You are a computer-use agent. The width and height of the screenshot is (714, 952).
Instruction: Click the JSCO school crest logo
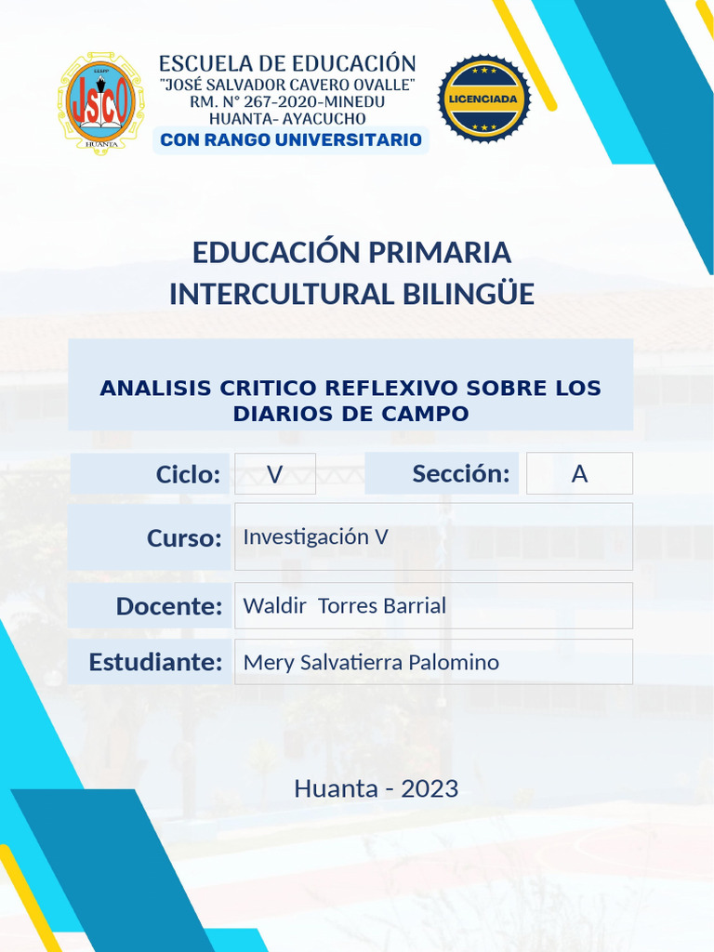coord(101,102)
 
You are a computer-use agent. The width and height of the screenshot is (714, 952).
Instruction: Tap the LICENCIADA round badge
coord(484,99)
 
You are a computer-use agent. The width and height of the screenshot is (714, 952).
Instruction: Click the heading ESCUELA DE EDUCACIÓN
coord(287,64)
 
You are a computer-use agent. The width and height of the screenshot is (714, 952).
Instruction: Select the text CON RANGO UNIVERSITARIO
coord(291,140)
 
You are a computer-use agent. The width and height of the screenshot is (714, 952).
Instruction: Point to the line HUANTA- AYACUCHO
coord(286,119)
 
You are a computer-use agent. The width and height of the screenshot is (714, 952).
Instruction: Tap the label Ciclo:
coord(188,474)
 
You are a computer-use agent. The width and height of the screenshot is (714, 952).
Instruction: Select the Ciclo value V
coord(275,474)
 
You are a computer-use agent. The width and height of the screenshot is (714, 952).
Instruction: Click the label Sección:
coord(461,474)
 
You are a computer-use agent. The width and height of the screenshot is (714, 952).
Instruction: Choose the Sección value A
coord(579,474)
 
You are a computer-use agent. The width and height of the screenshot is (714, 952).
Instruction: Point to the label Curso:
coord(184,538)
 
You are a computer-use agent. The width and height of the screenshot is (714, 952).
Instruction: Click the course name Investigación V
coord(315,536)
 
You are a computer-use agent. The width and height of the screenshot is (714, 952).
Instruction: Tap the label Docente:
coord(169,606)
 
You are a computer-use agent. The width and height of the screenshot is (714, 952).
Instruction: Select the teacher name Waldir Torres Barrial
coord(344,605)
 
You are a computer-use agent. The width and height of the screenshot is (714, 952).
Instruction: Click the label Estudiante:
coord(155,662)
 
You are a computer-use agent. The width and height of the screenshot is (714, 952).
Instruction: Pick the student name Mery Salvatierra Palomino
coord(370,662)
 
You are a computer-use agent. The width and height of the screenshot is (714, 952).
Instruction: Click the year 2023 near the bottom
coord(430,788)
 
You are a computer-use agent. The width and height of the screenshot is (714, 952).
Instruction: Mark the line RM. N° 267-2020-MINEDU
coord(287,102)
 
